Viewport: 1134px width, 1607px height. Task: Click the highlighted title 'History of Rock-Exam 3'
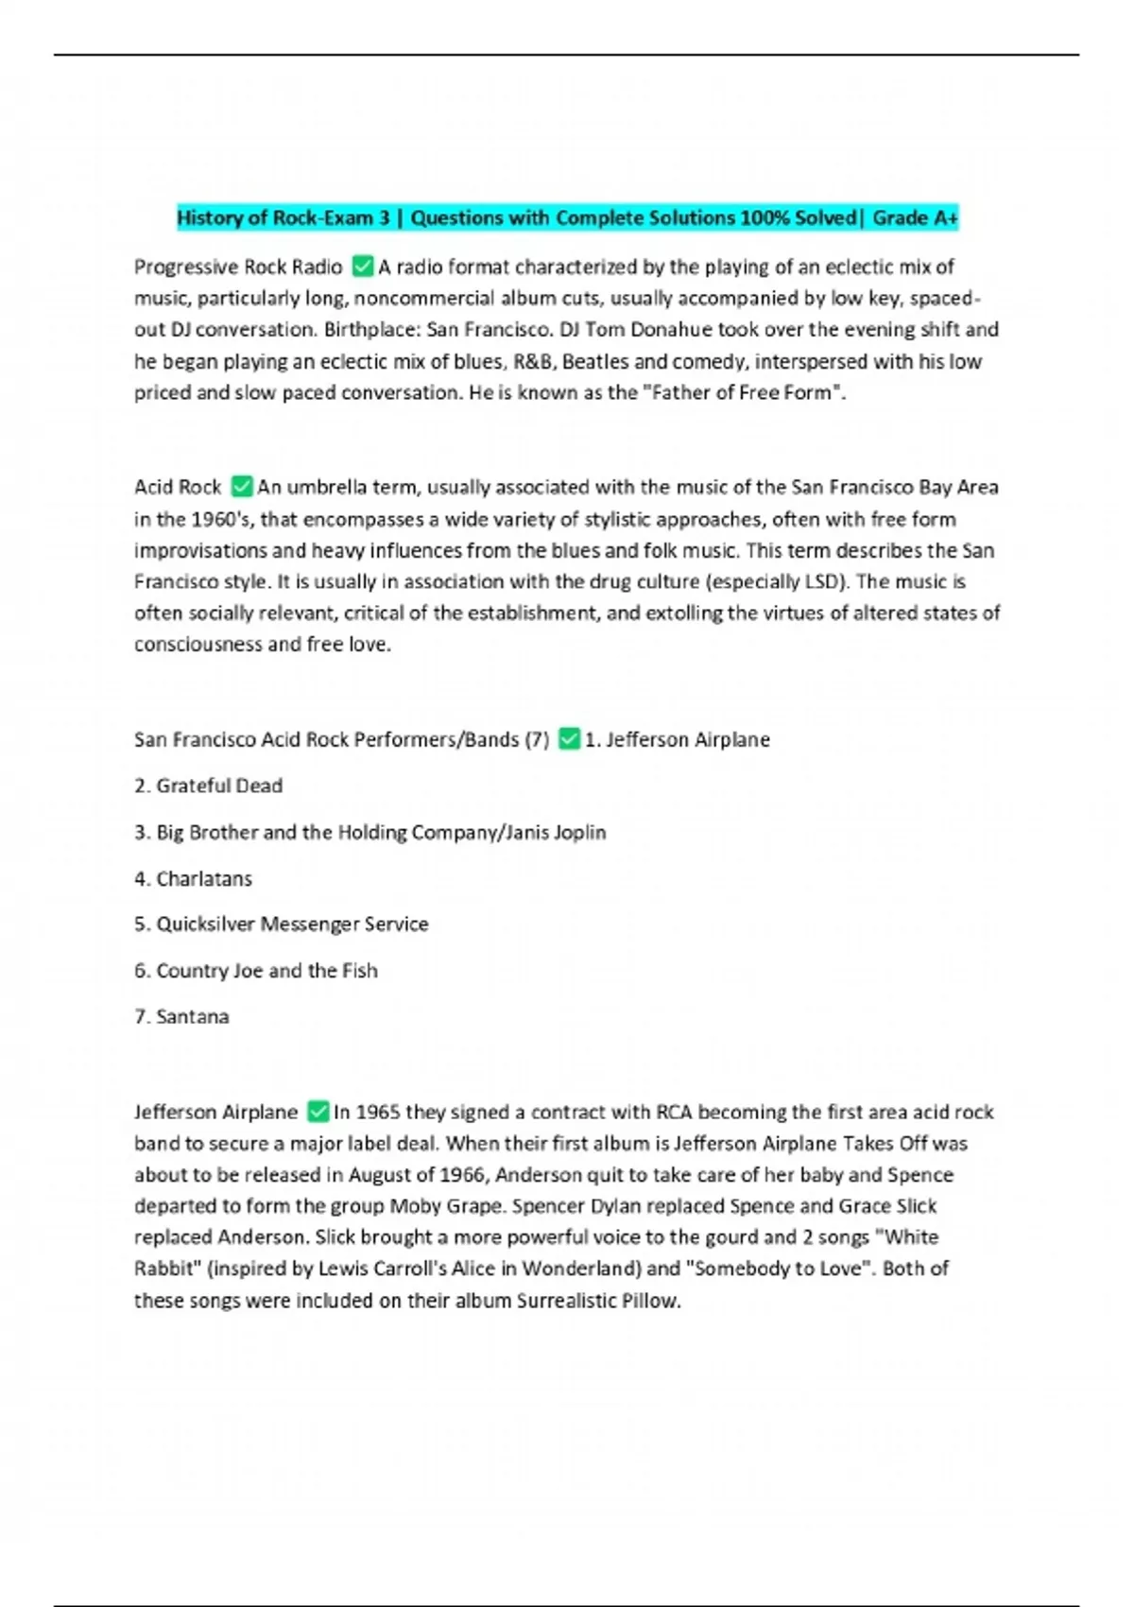(283, 218)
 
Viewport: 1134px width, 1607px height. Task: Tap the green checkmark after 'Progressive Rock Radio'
(362, 267)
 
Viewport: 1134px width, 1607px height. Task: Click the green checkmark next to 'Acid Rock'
(242, 487)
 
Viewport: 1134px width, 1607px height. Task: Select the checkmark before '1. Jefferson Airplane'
(569, 739)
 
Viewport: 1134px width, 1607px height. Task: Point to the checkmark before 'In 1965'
(318, 1112)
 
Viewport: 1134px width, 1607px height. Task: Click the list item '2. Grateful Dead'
(209, 786)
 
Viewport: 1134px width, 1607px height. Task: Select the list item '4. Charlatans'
(194, 878)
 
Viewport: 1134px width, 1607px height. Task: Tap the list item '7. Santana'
(182, 1016)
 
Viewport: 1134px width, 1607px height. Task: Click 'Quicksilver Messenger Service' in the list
(292, 924)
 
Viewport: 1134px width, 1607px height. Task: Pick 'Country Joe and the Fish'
(266, 970)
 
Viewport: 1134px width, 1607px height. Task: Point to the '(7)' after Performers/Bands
(536, 739)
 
